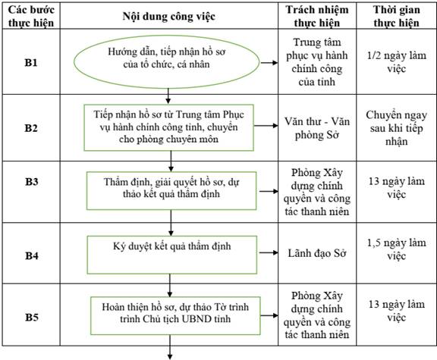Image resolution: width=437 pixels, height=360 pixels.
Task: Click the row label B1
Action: (x=31, y=63)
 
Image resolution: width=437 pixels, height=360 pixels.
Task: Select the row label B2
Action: (x=31, y=128)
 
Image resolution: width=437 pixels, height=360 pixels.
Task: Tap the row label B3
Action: (x=32, y=182)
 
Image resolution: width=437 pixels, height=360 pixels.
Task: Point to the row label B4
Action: (x=32, y=255)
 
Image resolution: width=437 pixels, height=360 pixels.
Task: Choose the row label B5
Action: (x=32, y=317)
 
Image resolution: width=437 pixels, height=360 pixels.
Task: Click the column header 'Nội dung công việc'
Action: (x=169, y=16)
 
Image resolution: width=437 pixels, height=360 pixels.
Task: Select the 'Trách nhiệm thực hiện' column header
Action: (x=317, y=16)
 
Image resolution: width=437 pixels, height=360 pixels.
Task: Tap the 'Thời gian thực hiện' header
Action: (x=397, y=16)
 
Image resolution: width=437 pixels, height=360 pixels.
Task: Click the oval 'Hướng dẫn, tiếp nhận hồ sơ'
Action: (x=167, y=62)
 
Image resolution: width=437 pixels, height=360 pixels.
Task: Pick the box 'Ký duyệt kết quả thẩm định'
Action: (x=172, y=255)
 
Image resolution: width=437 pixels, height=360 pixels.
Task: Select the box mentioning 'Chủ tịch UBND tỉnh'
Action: (x=175, y=315)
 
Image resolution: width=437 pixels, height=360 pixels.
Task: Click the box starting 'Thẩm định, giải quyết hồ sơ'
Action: (x=171, y=191)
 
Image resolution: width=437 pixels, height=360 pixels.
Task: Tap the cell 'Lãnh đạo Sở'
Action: (x=317, y=253)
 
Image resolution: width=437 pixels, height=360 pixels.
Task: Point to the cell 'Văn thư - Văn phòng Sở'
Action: (x=317, y=128)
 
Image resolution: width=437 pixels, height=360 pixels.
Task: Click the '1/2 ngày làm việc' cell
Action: (x=397, y=62)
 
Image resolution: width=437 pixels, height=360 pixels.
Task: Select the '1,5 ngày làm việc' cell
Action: (x=397, y=249)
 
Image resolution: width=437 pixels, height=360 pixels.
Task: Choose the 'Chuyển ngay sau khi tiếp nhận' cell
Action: (x=397, y=128)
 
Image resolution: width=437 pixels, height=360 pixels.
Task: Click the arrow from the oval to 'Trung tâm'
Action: (x=269, y=63)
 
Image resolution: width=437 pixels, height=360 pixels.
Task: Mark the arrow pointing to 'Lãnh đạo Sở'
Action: (x=269, y=253)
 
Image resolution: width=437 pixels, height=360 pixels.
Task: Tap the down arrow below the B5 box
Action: (x=169, y=353)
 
